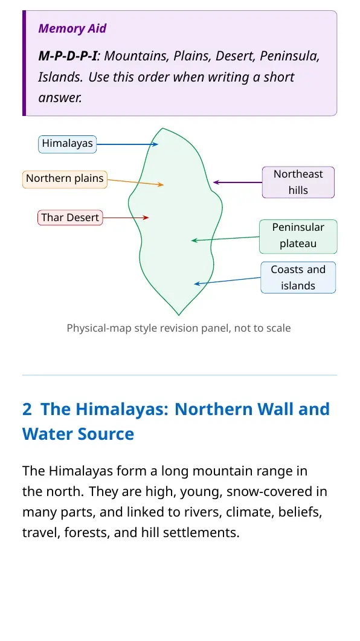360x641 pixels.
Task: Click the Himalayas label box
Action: [68, 144]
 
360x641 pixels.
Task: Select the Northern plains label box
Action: [65, 179]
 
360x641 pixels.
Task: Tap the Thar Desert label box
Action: [70, 218]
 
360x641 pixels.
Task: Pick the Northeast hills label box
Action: [298, 182]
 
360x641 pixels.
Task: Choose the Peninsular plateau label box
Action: [298, 236]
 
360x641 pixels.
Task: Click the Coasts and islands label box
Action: [298, 277]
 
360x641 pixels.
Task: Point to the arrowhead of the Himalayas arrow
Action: [156, 144]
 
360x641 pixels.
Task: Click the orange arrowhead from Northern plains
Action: [161, 185]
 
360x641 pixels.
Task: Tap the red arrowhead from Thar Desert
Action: [146, 218]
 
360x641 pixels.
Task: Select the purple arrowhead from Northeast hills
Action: [216, 182]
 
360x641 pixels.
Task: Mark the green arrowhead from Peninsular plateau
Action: [194, 241]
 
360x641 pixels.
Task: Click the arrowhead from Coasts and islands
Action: [196, 284]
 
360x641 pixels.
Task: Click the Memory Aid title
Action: [72, 28]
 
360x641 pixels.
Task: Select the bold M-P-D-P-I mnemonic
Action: [68, 56]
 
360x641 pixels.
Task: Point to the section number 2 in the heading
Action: [27, 409]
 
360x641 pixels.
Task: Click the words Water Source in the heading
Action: [78, 434]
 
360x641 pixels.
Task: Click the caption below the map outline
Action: [179, 328]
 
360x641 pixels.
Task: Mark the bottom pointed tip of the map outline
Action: [179, 315]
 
